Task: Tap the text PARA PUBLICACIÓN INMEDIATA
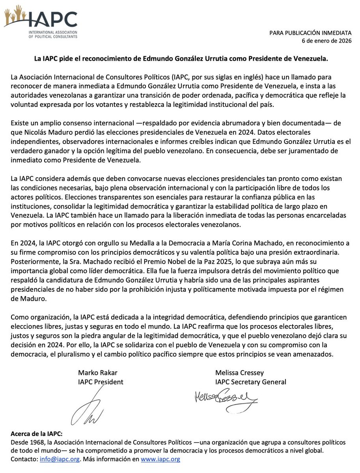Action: click(310, 34)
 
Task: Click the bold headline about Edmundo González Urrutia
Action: click(180, 59)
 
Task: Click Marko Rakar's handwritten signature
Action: click(88, 408)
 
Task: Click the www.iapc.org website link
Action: click(160, 459)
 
